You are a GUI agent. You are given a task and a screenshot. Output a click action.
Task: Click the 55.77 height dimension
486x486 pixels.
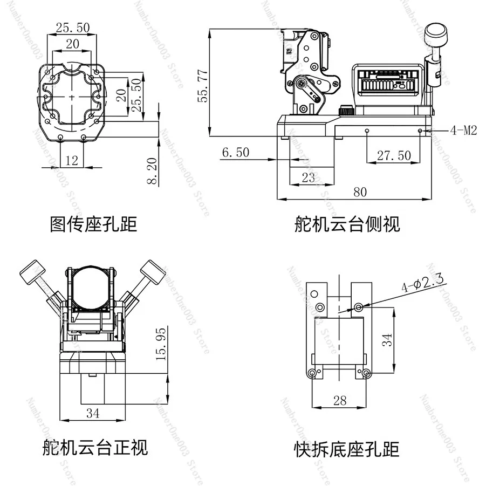coord(202,86)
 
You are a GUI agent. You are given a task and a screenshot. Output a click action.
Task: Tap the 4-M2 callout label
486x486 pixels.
coord(463,131)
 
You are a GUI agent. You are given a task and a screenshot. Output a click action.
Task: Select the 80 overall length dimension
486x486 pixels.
coord(360,192)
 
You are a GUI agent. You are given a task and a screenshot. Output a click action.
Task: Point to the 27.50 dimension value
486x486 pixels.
coord(394,155)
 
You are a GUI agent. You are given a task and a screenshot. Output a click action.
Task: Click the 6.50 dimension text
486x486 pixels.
coord(236,152)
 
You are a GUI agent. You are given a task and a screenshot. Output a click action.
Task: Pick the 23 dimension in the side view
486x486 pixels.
coord(308,177)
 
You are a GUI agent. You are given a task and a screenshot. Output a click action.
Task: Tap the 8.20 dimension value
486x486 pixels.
coord(152,171)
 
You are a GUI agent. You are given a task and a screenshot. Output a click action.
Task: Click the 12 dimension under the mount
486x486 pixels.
coord(72,160)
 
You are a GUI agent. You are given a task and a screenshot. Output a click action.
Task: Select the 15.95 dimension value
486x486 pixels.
coord(161,344)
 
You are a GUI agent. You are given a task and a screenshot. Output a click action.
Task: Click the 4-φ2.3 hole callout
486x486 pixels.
coord(422,283)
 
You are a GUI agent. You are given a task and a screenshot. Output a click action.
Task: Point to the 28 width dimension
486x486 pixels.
coord(340,401)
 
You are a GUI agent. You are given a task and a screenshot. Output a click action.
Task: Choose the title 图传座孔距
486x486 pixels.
coord(93,224)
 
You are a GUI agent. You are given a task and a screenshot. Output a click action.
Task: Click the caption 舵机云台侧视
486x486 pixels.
coord(347,224)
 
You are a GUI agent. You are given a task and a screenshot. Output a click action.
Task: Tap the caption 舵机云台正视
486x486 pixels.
coord(95,448)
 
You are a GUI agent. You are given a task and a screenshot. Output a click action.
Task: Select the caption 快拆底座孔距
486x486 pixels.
coord(346,450)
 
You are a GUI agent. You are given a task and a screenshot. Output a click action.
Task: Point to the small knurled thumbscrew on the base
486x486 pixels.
coord(346,110)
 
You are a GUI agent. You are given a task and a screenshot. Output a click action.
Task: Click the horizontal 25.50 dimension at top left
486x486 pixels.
coord(73,28)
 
